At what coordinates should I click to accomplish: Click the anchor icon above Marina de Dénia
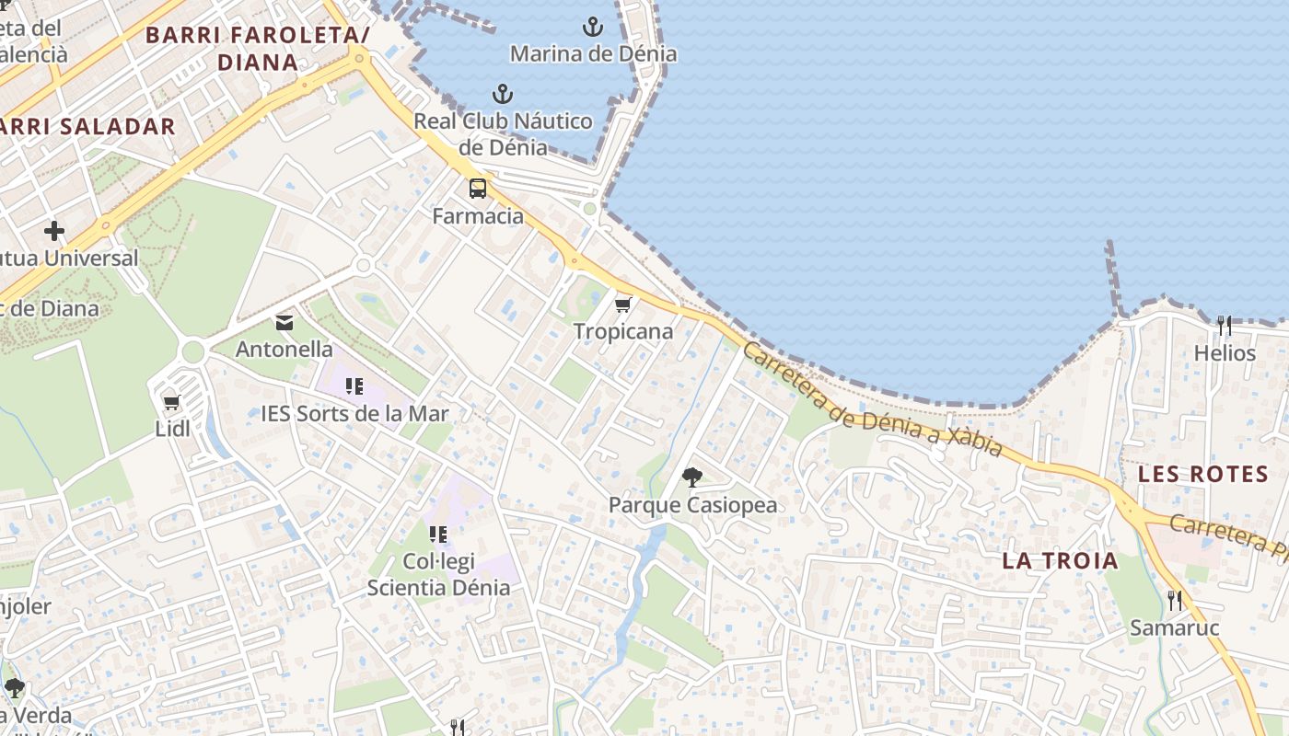pos(594,27)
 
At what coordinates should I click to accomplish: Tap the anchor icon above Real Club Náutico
pos(503,94)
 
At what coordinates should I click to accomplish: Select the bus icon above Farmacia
pos(478,189)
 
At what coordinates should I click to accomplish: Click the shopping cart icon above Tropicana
pos(623,305)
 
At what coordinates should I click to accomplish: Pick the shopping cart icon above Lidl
pos(171,402)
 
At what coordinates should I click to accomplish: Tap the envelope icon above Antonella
pos(284,323)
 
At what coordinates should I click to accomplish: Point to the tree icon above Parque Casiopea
pos(692,477)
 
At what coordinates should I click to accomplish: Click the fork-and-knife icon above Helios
pos(1225,326)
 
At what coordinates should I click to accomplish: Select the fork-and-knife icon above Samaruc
pos(1174,601)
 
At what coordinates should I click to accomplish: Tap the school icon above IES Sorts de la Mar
pos(354,386)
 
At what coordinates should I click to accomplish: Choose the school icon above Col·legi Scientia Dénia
pos(438,534)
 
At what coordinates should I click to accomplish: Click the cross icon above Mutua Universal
pos(54,231)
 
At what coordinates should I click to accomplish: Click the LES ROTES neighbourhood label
pos(1203,475)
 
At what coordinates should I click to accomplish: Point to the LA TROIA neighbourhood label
pos(1060,560)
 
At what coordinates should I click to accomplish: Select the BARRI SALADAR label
pos(87,127)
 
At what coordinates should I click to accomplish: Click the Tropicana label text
pos(623,331)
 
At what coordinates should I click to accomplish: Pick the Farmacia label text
pos(478,216)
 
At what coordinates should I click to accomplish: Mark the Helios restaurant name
pos(1225,353)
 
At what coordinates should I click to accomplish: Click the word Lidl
pos(172,429)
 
